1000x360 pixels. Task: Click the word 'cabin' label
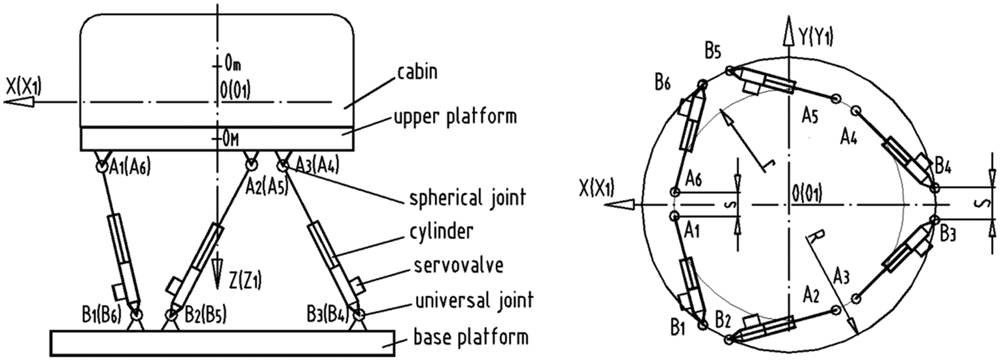(x=417, y=72)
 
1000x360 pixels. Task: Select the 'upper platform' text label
(x=455, y=117)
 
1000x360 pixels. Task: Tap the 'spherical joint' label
(x=467, y=198)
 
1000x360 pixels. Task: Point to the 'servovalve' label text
(x=458, y=265)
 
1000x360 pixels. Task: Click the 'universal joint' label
(x=474, y=301)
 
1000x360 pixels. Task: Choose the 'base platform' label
(x=471, y=337)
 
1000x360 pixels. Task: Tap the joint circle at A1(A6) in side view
(x=102, y=166)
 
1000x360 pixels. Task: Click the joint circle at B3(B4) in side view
(x=358, y=315)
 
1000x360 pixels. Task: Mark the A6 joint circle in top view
(x=675, y=192)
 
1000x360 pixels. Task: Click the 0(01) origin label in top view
(x=806, y=193)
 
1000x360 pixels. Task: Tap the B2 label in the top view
(x=723, y=320)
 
